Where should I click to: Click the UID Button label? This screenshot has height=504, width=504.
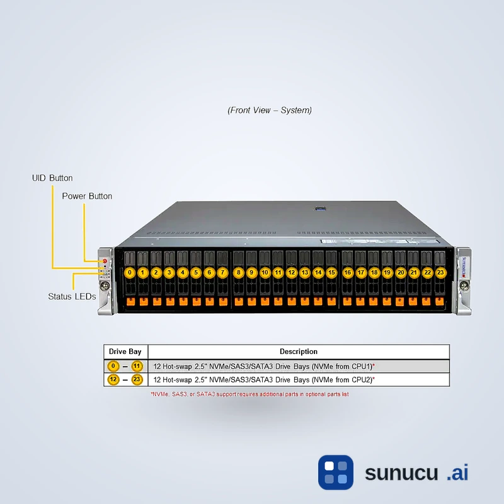pyautogui.click(x=52, y=178)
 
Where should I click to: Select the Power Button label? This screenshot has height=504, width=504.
pyautogui.click(x=87, y=196)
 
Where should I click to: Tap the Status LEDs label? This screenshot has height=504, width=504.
pyautogui.click(x=72, y=295)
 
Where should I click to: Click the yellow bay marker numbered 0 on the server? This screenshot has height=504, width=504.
pyautogui.click(x=129, y=273)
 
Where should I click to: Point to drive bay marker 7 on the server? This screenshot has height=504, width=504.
pyautogui.click(x=222, y=273)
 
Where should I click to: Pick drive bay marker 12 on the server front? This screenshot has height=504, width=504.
pyautogui.click(x=291, y=273)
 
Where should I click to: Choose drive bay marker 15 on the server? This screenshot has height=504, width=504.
pyautogui.click(x=331, y=273)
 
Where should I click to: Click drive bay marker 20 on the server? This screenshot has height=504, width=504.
pyautogui.click(x=400, y=273)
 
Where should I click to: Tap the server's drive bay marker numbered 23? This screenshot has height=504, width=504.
pyautogui.click(x=440, y=273)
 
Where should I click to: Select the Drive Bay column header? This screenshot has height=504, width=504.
pyautogui.click(x=125, y=352)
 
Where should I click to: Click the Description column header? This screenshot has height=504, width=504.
pyautogui.click(x=299, y=352)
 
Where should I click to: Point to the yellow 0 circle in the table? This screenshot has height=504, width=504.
pyautogui.click(x=113, y=366)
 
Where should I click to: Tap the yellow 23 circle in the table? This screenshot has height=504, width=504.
pyautogui.click(x=137, y=380)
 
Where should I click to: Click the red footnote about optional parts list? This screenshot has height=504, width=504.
pyautogui.click(x=249, y=394)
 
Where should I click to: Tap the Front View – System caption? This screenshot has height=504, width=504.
pyautogui.click(x=270, y=110)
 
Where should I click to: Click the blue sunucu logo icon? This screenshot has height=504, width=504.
pyautogui.click(x=336, y=472)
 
